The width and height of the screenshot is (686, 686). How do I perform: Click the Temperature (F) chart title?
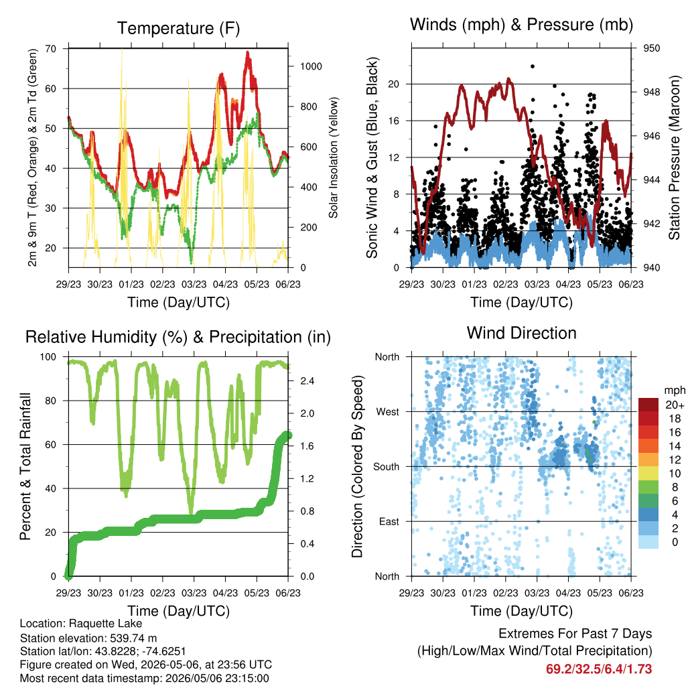[x=178, y=28]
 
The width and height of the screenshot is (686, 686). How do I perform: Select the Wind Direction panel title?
[x=521, y=333]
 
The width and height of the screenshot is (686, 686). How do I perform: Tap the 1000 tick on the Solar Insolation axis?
[x=311, y=66]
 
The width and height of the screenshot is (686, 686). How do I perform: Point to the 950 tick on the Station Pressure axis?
[x=651, y=48]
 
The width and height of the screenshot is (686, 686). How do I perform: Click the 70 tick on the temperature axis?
[x=51, y=48]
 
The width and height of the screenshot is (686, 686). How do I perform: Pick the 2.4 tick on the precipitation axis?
[x=307, y=381]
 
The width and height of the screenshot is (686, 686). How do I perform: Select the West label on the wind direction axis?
[x=388, y=412]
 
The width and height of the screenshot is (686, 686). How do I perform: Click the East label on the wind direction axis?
[x=389, y=521]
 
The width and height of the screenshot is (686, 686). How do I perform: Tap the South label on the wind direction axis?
[x=387, y=467]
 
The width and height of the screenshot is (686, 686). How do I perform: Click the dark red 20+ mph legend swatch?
[x=648, y=405]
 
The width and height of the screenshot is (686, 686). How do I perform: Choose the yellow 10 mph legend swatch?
[x=648, y=474]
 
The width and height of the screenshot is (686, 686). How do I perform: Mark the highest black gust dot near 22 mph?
[x=533, y=66]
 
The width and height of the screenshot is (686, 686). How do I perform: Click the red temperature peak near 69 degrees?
[x=248, y=54]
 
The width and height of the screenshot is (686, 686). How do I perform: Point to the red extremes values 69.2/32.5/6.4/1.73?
[x=599, y=669]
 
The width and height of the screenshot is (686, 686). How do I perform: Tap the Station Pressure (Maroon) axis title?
[x=674, y=157]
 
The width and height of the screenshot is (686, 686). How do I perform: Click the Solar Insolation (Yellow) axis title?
[x=334, y=157]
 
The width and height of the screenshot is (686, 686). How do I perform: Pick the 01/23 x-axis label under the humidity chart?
[x=131, y=593]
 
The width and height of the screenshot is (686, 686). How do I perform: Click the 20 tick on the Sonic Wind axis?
[x=394, y=84]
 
